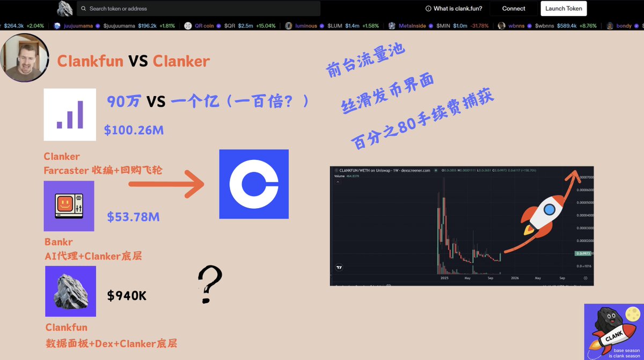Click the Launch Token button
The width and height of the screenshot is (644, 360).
[x=563, y=9]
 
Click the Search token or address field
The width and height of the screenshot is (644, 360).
[x=199, y=9]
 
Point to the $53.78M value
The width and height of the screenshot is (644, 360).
[x=133, y=217]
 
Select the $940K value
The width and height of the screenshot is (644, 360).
[x=127, y=295]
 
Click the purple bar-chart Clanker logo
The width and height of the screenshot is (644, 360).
[x=70, y=114]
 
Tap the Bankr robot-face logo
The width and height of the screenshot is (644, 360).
[x=69, y=206]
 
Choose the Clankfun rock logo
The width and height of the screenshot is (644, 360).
[x=70, y=291]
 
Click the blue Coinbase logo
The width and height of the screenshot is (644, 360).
[x=254, y=184]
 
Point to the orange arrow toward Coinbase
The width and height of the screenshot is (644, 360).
[x=166, y=184]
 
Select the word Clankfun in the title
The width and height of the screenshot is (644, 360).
[x=90, y=61]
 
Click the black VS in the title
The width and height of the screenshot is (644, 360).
[x=138, y=61]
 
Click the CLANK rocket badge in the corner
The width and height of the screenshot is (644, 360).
[x=613, y=332]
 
